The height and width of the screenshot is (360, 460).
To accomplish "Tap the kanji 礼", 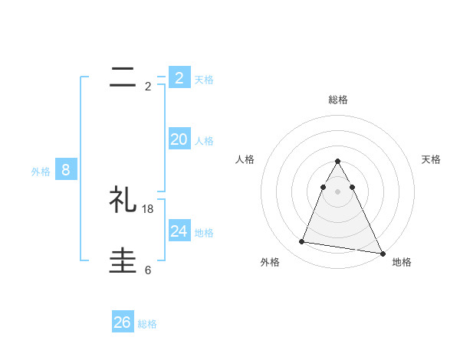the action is tap(123, 201).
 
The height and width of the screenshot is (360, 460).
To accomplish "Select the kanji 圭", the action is tap(123, 261).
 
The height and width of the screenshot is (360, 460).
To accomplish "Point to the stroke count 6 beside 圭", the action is tap(148, 270).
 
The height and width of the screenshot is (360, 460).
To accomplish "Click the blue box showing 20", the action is tap(179, 139).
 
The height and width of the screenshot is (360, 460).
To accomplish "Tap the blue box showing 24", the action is tap(179, 231).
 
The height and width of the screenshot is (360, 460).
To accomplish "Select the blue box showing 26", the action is tap(123, 322).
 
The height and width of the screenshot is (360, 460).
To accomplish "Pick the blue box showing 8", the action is tap(66, 170).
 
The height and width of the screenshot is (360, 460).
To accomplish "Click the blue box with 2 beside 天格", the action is tap(179, 77).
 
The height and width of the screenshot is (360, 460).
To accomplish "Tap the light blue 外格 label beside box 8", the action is tap(41, 172).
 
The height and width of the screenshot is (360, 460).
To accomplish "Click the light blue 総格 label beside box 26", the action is tap(147, 324).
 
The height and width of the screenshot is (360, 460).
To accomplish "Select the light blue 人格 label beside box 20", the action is tap(204, 141).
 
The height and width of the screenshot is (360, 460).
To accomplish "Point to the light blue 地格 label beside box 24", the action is tap(204, 232).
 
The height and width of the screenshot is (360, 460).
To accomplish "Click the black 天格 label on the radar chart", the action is tap(431, 159).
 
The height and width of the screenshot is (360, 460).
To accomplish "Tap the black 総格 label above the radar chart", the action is tap(338, 100).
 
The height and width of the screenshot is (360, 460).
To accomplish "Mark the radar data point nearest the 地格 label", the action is tap(383, 254).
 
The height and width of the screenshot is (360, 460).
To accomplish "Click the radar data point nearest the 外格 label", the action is tap(302, 242).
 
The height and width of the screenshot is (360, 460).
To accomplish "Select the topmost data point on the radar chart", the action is tap(338, 161).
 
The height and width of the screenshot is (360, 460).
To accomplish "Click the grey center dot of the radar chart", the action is tap(338, 191).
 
